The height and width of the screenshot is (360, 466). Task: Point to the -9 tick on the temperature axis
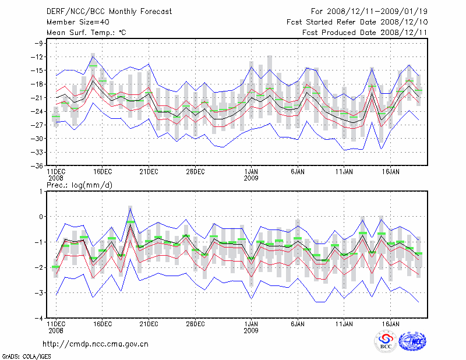click(x=40, y=43)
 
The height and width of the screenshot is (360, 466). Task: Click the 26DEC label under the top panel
click(x=195, y=172)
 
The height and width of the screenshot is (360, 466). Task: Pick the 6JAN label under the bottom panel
click(x=298, y=323)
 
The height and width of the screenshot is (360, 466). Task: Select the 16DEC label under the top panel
click(x=102, y=172)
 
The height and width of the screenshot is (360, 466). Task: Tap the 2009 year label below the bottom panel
click(x=251, y=330)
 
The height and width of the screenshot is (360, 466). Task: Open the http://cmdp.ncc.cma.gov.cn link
click(x=96, y=344)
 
